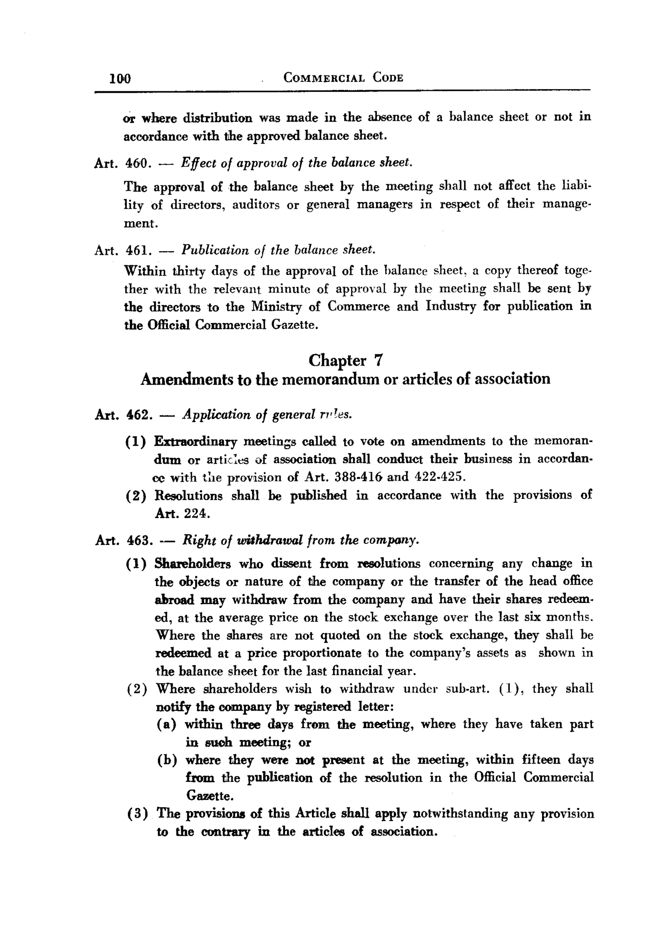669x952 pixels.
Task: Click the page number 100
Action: point(120,78)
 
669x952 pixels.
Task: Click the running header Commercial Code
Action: point(343,77)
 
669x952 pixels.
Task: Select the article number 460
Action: point(137,163)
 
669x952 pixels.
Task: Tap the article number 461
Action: point(137,250)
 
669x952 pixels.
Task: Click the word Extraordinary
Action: point(195,442)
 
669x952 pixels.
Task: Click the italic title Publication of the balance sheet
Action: point(278,250)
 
